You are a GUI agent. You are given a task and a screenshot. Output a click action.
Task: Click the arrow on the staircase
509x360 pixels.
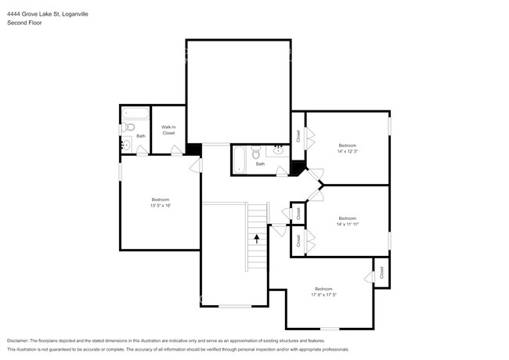256,237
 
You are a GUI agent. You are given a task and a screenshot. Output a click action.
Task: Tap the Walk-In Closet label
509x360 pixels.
168,130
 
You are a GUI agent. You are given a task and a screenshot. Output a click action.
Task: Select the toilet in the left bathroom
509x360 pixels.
130,127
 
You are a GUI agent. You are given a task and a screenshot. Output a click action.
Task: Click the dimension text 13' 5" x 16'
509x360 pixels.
160,206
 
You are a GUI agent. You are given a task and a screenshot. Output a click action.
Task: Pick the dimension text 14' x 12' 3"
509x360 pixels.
347,151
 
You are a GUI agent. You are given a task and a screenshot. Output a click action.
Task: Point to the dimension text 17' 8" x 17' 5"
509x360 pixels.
323,295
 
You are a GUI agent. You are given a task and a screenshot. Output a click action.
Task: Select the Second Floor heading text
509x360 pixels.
24,23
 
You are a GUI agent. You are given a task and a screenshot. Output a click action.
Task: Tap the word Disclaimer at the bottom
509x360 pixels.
22,340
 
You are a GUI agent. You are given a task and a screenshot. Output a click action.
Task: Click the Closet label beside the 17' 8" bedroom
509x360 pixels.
381,272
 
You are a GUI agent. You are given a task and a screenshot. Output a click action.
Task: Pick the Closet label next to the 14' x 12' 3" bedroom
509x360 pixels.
298,135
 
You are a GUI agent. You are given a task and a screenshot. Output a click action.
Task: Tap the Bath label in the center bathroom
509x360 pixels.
260,164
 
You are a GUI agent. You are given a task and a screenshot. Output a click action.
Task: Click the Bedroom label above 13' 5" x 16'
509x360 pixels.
160,200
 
